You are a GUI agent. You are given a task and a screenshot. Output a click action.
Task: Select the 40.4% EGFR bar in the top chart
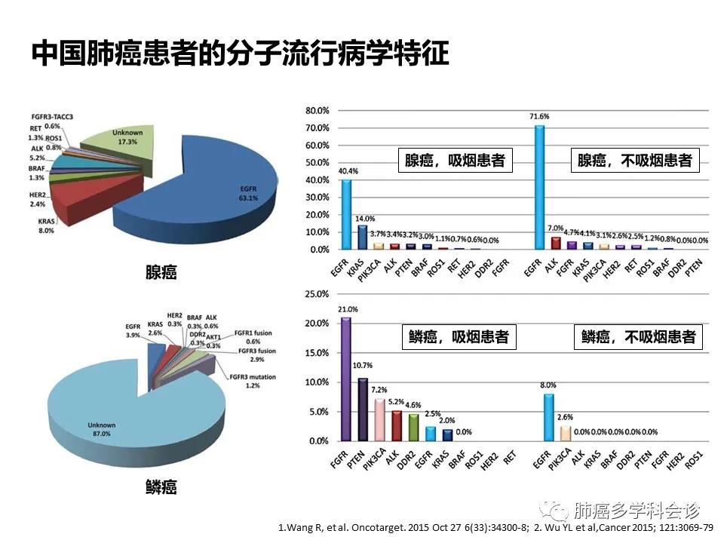346,214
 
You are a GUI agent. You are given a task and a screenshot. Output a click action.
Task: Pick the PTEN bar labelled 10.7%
363,410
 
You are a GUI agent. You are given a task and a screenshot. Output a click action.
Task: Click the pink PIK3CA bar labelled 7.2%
379,419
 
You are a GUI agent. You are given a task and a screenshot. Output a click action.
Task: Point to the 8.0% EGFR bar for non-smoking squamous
549,417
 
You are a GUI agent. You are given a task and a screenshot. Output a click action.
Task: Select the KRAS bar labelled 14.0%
362,237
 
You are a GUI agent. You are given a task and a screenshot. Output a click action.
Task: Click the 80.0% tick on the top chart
317,110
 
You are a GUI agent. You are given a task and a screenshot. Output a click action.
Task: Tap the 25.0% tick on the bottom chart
317,294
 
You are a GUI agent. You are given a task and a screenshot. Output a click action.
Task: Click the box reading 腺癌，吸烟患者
456,161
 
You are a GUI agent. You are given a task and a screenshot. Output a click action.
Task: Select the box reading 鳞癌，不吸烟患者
638,336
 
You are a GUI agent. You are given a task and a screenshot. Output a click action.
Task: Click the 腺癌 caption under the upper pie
161,272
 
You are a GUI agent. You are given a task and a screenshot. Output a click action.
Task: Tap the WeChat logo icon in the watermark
557,511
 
